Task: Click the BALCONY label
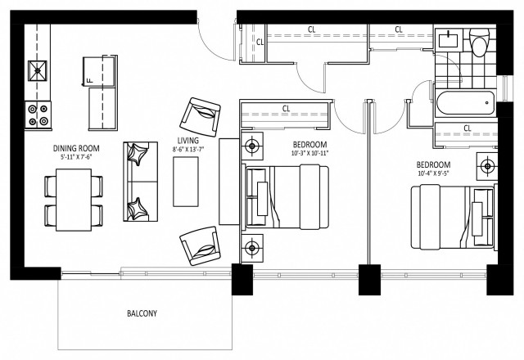click(x=142, y=313)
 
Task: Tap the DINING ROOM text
click(x=76, y=149)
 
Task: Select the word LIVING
click(x=188, y=140)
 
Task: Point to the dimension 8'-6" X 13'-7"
click(x=189, y=149)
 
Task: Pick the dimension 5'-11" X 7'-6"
click(x=76, y=159)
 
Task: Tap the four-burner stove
click(x=37, y=113)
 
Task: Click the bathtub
click(x=465, y=103)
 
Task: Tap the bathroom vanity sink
click(x=449, y=38)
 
